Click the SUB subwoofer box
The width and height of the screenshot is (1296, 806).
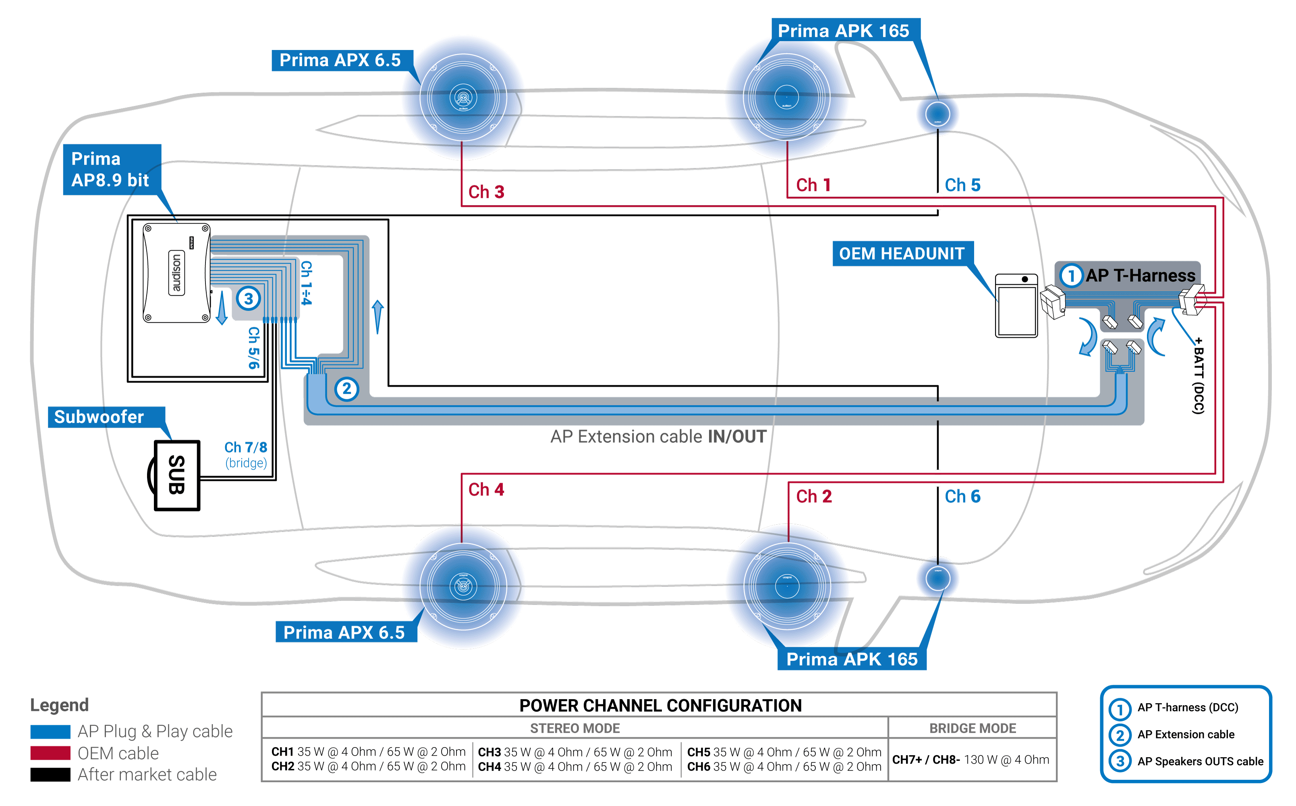click(x=176, y=475)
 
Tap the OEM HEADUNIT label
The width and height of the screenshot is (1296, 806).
click(x=901, y=254)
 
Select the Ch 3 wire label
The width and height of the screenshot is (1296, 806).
click(x=485, y=192)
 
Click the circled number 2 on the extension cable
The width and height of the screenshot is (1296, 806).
click(x=346, y=388)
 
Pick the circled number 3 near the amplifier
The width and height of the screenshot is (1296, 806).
click(x=248, y=299)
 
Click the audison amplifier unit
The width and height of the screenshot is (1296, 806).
click(x=176, y=273)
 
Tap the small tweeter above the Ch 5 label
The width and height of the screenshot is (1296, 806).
click(x=937, y=114)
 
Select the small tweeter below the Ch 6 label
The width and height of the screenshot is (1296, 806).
click(x=937, y=578)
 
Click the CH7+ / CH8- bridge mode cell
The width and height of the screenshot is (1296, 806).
click(x=970, y=760)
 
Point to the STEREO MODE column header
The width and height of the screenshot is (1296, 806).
click(x=574, y=728)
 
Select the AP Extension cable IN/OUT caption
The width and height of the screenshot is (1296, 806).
click(x=658, y=436)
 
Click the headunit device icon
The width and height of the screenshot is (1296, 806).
click(x=1016, y=305)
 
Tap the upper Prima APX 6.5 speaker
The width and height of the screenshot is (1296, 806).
click(x=463, y=98)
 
